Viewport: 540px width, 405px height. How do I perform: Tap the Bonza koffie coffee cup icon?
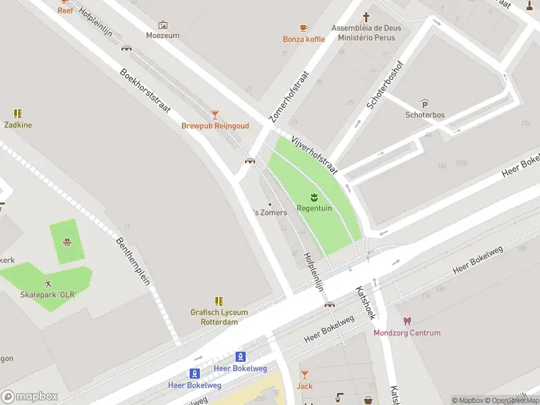304,28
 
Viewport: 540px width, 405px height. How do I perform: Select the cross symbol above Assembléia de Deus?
367,16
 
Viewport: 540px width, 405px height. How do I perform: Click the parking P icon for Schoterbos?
425,103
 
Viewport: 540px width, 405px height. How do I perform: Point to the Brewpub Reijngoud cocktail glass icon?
215,115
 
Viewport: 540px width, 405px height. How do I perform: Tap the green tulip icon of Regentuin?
314,198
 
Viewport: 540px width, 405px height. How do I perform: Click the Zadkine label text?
18,125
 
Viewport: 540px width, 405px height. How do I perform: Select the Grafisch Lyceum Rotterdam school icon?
219,301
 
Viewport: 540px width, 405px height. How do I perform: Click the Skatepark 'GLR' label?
48,295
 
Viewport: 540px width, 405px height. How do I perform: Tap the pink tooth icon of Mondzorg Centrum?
407,321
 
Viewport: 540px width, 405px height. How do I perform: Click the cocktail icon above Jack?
304,375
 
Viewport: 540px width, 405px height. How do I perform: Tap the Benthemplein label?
133,261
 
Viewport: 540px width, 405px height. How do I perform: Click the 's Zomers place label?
270,212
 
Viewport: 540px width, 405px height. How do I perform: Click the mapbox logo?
30,396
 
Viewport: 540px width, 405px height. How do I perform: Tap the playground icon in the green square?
67,242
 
